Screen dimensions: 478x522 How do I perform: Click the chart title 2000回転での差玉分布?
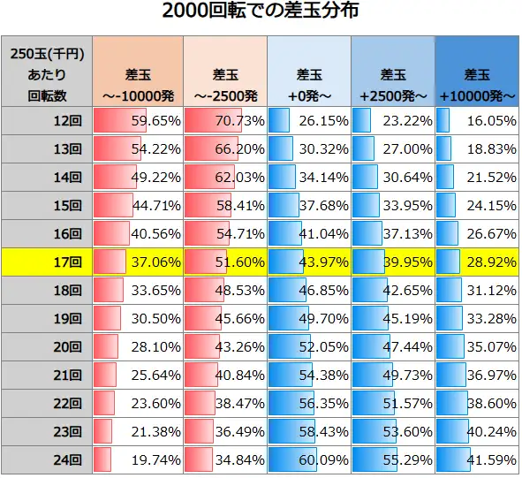261,13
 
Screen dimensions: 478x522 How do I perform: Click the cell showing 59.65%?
137,121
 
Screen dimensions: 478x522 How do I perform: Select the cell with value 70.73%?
223,121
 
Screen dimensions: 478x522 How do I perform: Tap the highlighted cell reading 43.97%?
308,262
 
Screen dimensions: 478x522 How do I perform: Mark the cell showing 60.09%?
308,459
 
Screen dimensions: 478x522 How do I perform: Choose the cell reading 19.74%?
137,459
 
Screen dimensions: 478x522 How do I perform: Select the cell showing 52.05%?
308,347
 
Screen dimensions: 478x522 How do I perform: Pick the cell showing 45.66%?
223,319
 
